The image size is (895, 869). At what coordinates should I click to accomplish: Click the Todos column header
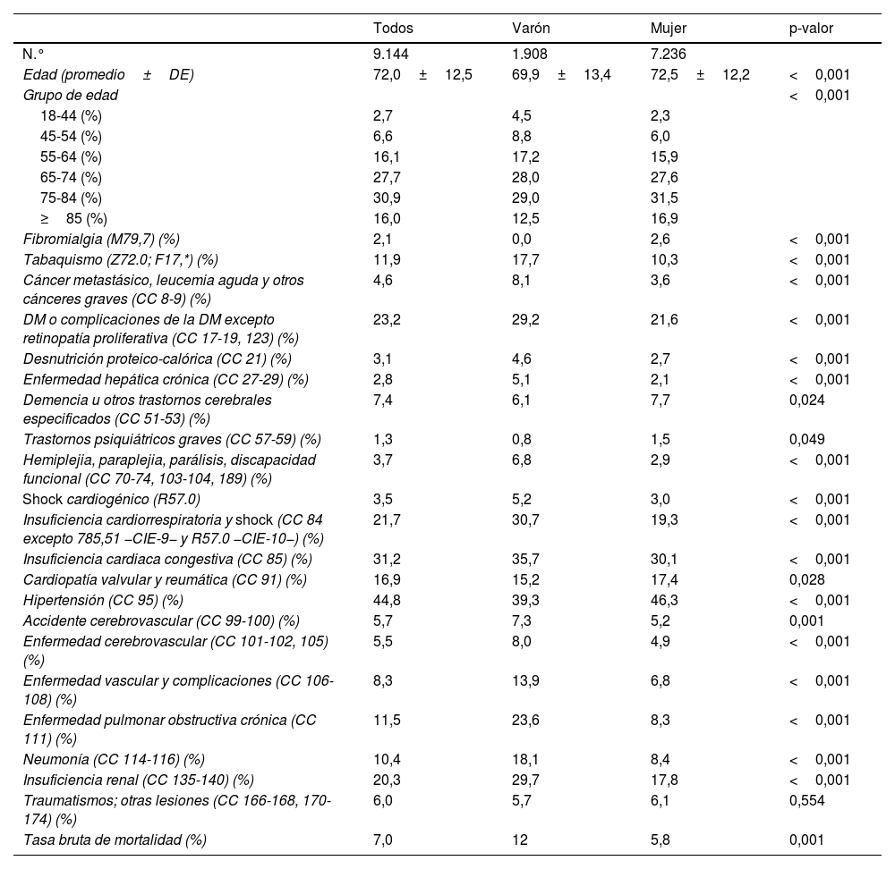(x=393, y=29)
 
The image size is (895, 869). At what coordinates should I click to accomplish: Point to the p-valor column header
(x=811, y=29)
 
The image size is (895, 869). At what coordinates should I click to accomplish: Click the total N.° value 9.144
(x=392, y=53)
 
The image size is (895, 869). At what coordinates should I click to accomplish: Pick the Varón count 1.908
(x=529, y=53)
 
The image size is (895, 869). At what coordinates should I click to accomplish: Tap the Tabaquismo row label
(x=121, y=259)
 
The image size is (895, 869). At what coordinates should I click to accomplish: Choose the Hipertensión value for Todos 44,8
(x=385, y=599)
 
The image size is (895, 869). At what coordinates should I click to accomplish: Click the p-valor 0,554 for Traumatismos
(x=806, y=801)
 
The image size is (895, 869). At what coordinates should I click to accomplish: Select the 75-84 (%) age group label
(x=71, y=198)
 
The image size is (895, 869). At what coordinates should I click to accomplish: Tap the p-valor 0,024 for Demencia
(x=806, y=400)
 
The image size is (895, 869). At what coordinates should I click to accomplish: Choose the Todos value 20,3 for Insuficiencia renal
(x=385, y=780)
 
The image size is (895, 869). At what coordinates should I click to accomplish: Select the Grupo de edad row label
(x=71, y=95)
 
